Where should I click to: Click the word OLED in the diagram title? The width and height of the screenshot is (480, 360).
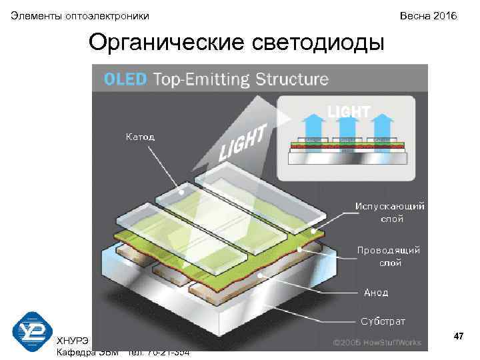[125, 79]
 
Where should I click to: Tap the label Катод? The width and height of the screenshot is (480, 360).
[140, 137]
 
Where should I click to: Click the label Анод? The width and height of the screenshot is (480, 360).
[376, 292]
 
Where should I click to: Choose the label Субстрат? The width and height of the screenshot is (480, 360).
[383, 321]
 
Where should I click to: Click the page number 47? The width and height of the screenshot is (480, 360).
[459, 337]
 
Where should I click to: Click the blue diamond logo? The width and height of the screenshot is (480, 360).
[32, 333]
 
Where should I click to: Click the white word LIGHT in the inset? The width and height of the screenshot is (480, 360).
[348, 112]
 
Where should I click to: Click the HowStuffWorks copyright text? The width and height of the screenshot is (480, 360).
[377, 343]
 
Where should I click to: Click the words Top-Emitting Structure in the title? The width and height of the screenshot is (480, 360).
[241, 79]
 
